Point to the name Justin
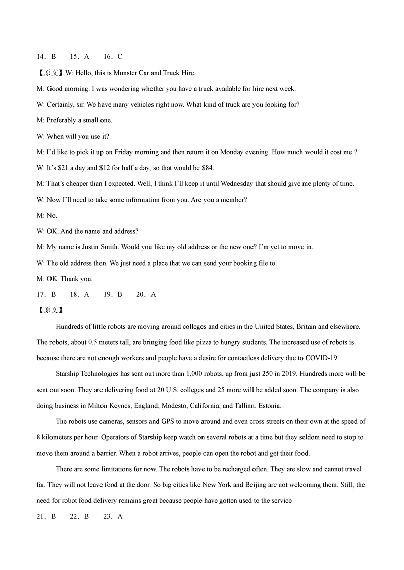tap(97, 247)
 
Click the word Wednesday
tap(251, 183)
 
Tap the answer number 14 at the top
tap(41, 57)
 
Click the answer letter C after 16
tap(120, 57)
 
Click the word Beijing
tap(258, 485)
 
